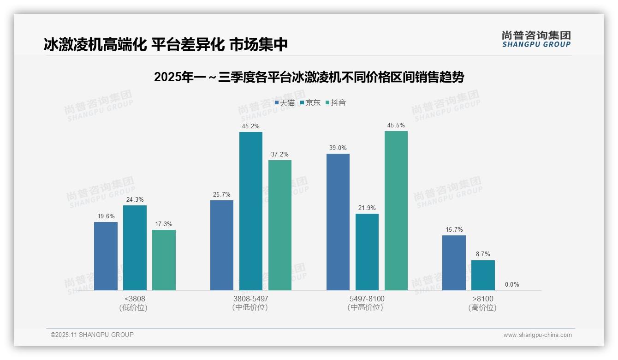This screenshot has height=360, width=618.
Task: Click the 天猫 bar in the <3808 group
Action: (106, 256)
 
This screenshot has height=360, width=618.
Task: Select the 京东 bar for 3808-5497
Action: (250, 211)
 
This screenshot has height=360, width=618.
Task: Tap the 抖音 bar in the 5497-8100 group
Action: (396, 211)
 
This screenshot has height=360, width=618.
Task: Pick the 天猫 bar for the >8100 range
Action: (454, 263)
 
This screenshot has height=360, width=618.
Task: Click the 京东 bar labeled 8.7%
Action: (483, 276)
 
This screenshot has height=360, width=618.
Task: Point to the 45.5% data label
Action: (396, 125)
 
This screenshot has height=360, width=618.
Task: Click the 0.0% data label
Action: (512, 284)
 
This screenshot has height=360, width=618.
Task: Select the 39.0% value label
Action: (338, 148)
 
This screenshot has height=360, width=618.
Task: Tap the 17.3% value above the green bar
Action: (164, 224)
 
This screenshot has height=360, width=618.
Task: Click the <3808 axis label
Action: (135, 299)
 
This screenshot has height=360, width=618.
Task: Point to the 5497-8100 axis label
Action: (367, 299)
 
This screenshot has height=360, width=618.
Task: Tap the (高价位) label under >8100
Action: (482, 308)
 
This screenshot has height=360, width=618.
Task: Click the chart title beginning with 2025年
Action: (309, 78)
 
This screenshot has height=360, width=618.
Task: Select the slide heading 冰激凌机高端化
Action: (166, 44)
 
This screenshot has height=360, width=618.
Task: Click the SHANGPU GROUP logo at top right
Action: (536, 39)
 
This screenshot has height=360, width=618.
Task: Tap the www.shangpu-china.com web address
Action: (537, 335)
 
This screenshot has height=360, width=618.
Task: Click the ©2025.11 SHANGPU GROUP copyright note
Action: (92, 335)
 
